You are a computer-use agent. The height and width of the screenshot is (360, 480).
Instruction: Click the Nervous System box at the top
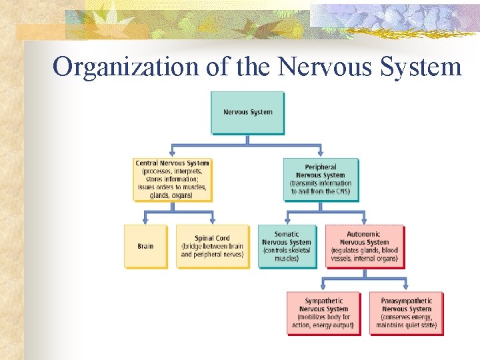(x=247, y=112)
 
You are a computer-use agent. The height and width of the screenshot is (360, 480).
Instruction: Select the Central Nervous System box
(x=172, y=179)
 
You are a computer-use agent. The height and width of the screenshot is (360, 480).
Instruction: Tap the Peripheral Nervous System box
(x=321, y=179)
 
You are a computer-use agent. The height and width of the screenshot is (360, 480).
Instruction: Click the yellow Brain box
(x=145, y=246)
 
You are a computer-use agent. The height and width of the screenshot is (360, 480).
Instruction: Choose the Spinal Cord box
(x=212, y=246)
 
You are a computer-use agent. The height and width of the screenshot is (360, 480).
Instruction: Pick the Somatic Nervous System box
(x=287, y=246)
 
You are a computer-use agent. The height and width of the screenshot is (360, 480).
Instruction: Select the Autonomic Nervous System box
(x=364, y=246)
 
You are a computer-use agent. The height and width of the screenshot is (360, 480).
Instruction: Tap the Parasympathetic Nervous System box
(x=406, y=313)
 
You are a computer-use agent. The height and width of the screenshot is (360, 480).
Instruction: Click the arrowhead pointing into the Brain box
(x=146, y=220)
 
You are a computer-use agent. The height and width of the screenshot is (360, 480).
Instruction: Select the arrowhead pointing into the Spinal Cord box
(x=213, y=220)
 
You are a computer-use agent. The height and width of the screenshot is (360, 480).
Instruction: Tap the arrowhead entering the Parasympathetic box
(x=406, y=287)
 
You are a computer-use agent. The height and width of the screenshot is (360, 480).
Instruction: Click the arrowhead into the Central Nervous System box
(x=173, y=153)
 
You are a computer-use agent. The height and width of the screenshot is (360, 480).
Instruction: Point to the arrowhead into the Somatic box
(x=287, y=220)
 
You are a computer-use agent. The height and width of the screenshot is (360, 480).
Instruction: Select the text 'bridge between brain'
(x=212, y=247)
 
